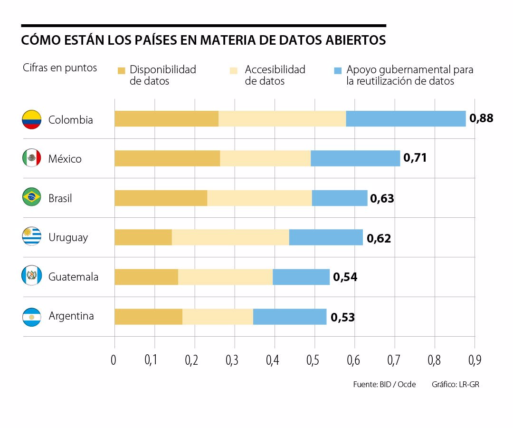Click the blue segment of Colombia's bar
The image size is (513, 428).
click(x=406, y=119)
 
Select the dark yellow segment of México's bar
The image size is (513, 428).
click(x=167, y=158)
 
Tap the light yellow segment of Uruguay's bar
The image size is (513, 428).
click(x=230, y=237)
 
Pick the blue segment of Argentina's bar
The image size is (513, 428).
click(x=290, y=316)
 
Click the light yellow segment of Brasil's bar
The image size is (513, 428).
click(x=259, y=198)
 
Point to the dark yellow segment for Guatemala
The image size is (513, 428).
click(x=146, y=277)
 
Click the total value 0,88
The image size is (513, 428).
click(x=481, y=118)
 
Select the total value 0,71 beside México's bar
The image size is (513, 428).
click(x=415, y=158)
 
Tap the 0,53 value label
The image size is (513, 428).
click(x=342, y=317)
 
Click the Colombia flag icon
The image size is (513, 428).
click(x=31, y=119)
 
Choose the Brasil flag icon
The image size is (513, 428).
click(x=31, y=197)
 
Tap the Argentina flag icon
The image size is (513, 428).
click(x=31, y=317)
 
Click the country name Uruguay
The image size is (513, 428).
click(x=68, y=237)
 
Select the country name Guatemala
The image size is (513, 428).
click(x=73, y=277)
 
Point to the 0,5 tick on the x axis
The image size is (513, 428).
click(x=313, y=360)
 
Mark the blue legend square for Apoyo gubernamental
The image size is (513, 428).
click(x=338, y=71)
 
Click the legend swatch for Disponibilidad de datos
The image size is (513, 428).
click(x=121, y=71)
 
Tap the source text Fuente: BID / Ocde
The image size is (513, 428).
click(x=384, y=384)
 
